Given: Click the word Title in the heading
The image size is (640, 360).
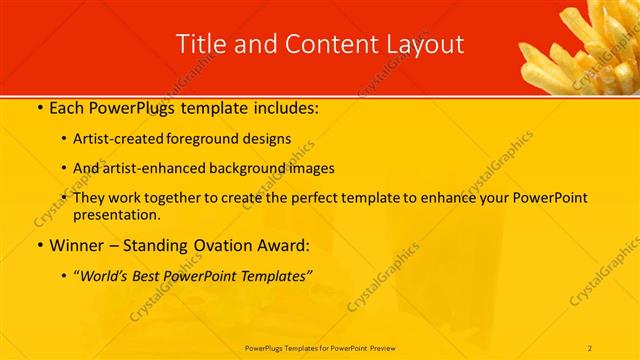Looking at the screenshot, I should (200, 43).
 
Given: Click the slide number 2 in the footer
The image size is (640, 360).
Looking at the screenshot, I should (591, 347).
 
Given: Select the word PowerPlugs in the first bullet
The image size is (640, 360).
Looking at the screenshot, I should (129, 108).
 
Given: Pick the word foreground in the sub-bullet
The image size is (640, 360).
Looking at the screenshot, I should (212, 139).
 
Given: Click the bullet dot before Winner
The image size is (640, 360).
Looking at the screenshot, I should (38, 245).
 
